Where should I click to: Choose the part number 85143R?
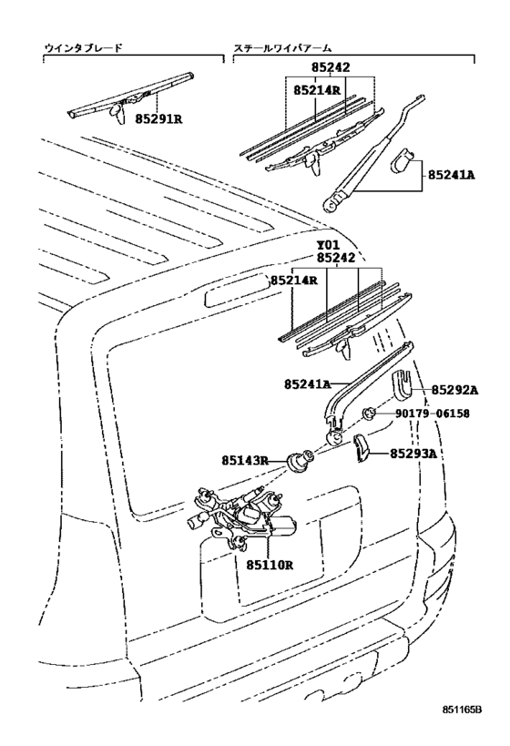pyautogui.click(x=245, y=460)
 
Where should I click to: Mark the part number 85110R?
pyautogui.click(x=269, y=565)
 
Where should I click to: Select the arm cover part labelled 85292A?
pyautogui.click(x=403, y=384)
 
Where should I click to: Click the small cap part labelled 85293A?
pyautogui.click(x=361, y=447)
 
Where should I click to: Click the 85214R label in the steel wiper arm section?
pyautogui.click(x=318, y=91)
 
